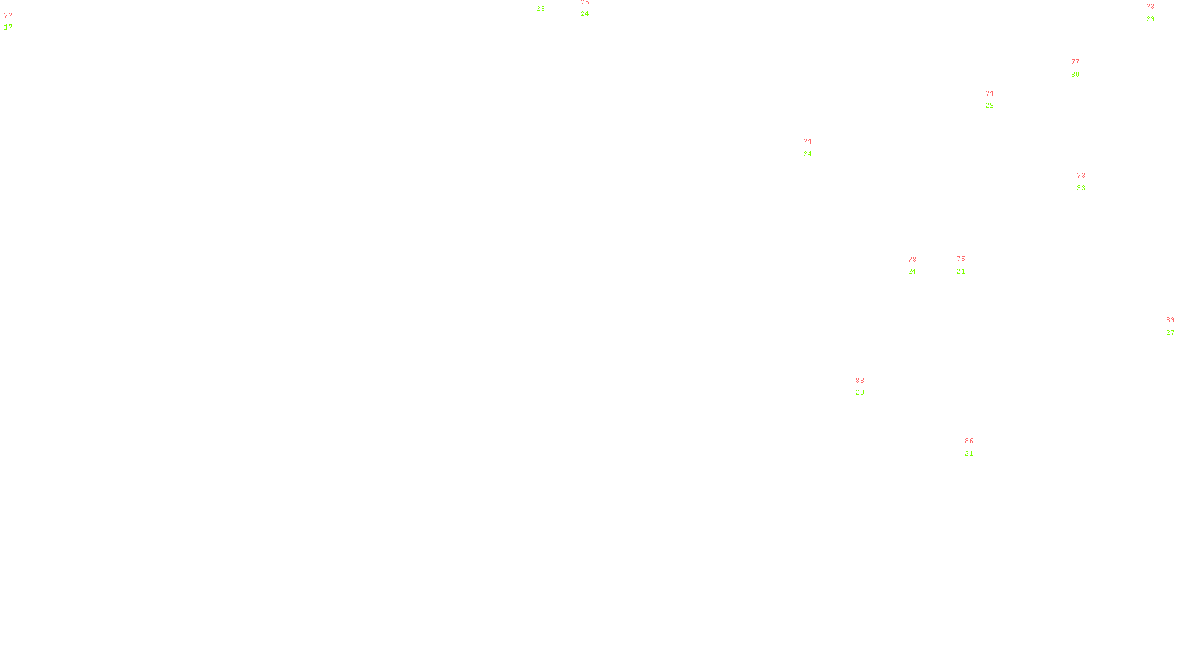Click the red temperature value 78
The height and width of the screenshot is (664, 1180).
(x=912, y=260)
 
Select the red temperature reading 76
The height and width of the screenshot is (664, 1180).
(x=961, y=259)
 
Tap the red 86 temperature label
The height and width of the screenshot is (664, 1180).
(x=969, y=441)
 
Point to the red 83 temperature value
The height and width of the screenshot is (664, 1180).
(x=860, y=381)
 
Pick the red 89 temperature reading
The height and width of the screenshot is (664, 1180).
(x=1170, y=320)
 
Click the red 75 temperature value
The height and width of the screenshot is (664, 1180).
(x=585, y=2)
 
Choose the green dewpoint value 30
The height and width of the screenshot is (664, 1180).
(x=1075, y=75)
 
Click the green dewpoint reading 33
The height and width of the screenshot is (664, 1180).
(x=1081, y=188)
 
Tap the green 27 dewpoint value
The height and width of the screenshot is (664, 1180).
(x=1170, y=333)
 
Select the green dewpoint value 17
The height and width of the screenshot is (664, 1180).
(x=8, y=27)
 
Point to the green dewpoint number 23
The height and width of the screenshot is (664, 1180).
(x=541, y=9)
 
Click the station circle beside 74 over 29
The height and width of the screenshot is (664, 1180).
(x=996, y=100)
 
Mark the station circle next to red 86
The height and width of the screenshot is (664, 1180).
(x=976, y=447)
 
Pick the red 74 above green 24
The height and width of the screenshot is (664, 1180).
(x=808, y=142)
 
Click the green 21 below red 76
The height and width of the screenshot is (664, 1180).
(x=961, y=272)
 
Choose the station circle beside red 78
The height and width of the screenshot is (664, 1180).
(x=919, y=266)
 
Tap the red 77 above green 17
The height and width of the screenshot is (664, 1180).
(x=8, y=15)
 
